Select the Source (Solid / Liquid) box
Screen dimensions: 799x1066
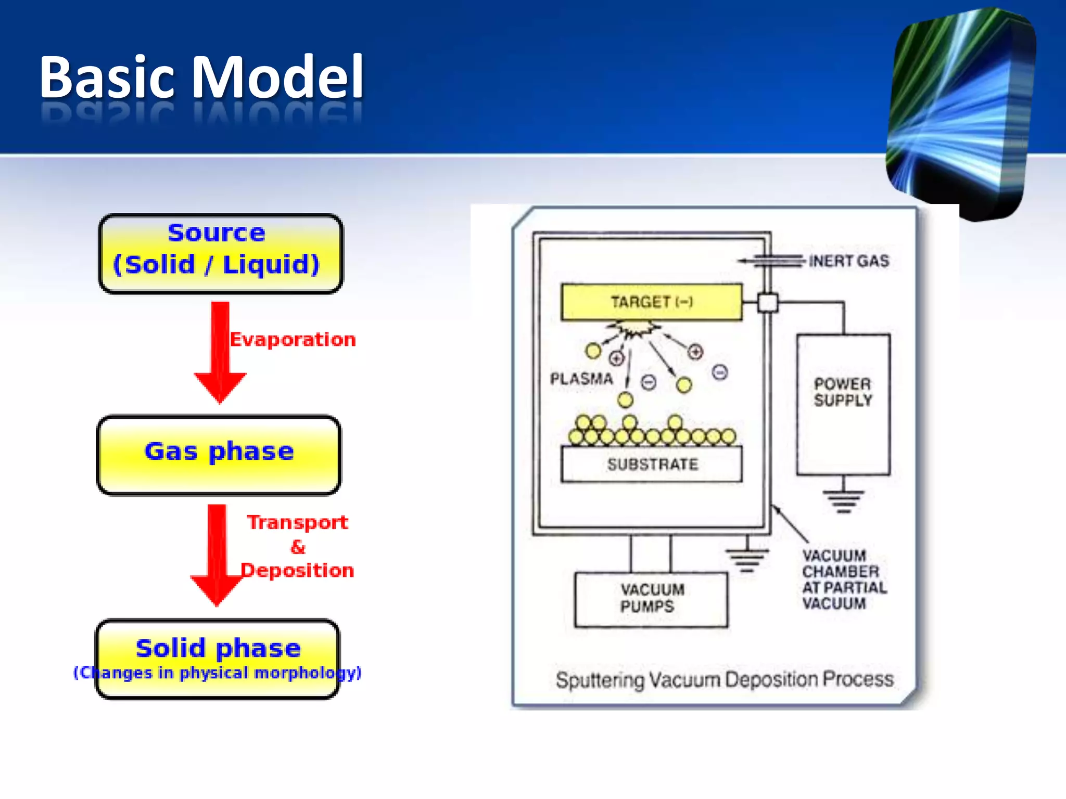point(220,253)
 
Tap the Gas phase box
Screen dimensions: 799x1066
point(219,454)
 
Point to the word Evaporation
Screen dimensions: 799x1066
point(293,340)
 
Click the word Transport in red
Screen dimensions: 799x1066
point(297,522)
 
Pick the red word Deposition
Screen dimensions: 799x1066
point(297,571)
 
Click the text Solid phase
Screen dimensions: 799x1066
point(218,648)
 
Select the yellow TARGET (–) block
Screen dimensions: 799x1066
point(651,302)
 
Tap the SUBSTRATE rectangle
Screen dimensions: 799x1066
point(652,464)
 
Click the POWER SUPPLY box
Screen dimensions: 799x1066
point(843,404)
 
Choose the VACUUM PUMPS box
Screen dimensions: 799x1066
point(651,599)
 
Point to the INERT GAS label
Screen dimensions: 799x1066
point(848,261)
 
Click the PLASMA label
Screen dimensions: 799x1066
point(581,379)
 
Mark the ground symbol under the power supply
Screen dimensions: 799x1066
point(843,500)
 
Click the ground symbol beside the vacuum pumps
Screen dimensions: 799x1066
point(747,559)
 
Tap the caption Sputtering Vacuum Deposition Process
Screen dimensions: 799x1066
point(724,679)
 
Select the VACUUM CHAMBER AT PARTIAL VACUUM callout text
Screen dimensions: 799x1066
point(844,579)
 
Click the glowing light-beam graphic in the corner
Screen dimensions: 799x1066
point(962,112)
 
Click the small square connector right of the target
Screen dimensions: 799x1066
point(767,302)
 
